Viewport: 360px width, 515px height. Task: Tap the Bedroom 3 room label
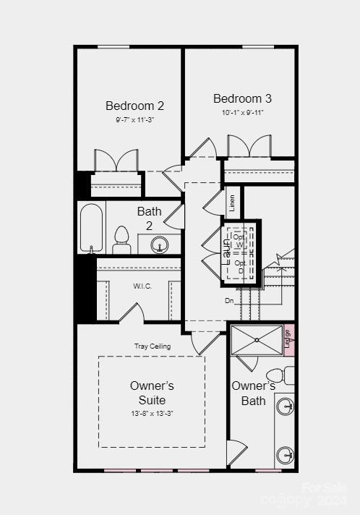[x=242, y=98]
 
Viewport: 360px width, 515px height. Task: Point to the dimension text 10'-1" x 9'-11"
[x=243, y=112]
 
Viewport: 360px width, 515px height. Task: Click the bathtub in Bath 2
[x=92, y=227]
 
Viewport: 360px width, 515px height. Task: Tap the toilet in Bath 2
[x=121, y=240]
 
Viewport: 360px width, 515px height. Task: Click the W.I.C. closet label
[x=142, y=286]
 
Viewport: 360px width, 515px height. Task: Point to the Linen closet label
[x=232, y=203]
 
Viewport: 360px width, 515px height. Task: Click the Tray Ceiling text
[x=153, y=346]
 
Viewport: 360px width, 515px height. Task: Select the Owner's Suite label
[x=152, y=393]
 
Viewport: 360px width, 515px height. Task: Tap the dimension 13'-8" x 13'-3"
[x=152, y=413]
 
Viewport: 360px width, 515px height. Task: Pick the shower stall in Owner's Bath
[x=257, y=340]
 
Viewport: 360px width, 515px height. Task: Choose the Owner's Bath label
[x=253, y=393]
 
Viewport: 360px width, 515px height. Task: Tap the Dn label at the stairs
[x=229, y=300]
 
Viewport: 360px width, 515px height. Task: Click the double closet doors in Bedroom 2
[x=116, y=161]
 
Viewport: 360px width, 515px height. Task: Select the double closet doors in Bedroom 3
[x=249, y=147]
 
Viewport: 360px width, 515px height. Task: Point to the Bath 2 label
[x=150, y=218]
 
